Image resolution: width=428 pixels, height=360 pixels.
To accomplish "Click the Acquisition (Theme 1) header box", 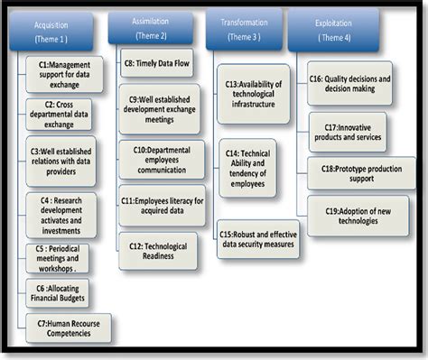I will tap(52, 31).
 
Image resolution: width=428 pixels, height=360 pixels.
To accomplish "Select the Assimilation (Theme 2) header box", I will tap(151, 27).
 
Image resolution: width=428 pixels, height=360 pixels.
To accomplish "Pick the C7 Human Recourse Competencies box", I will tap(69, 328).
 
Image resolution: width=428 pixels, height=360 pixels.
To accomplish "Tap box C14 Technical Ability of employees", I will tap(247, 168).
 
